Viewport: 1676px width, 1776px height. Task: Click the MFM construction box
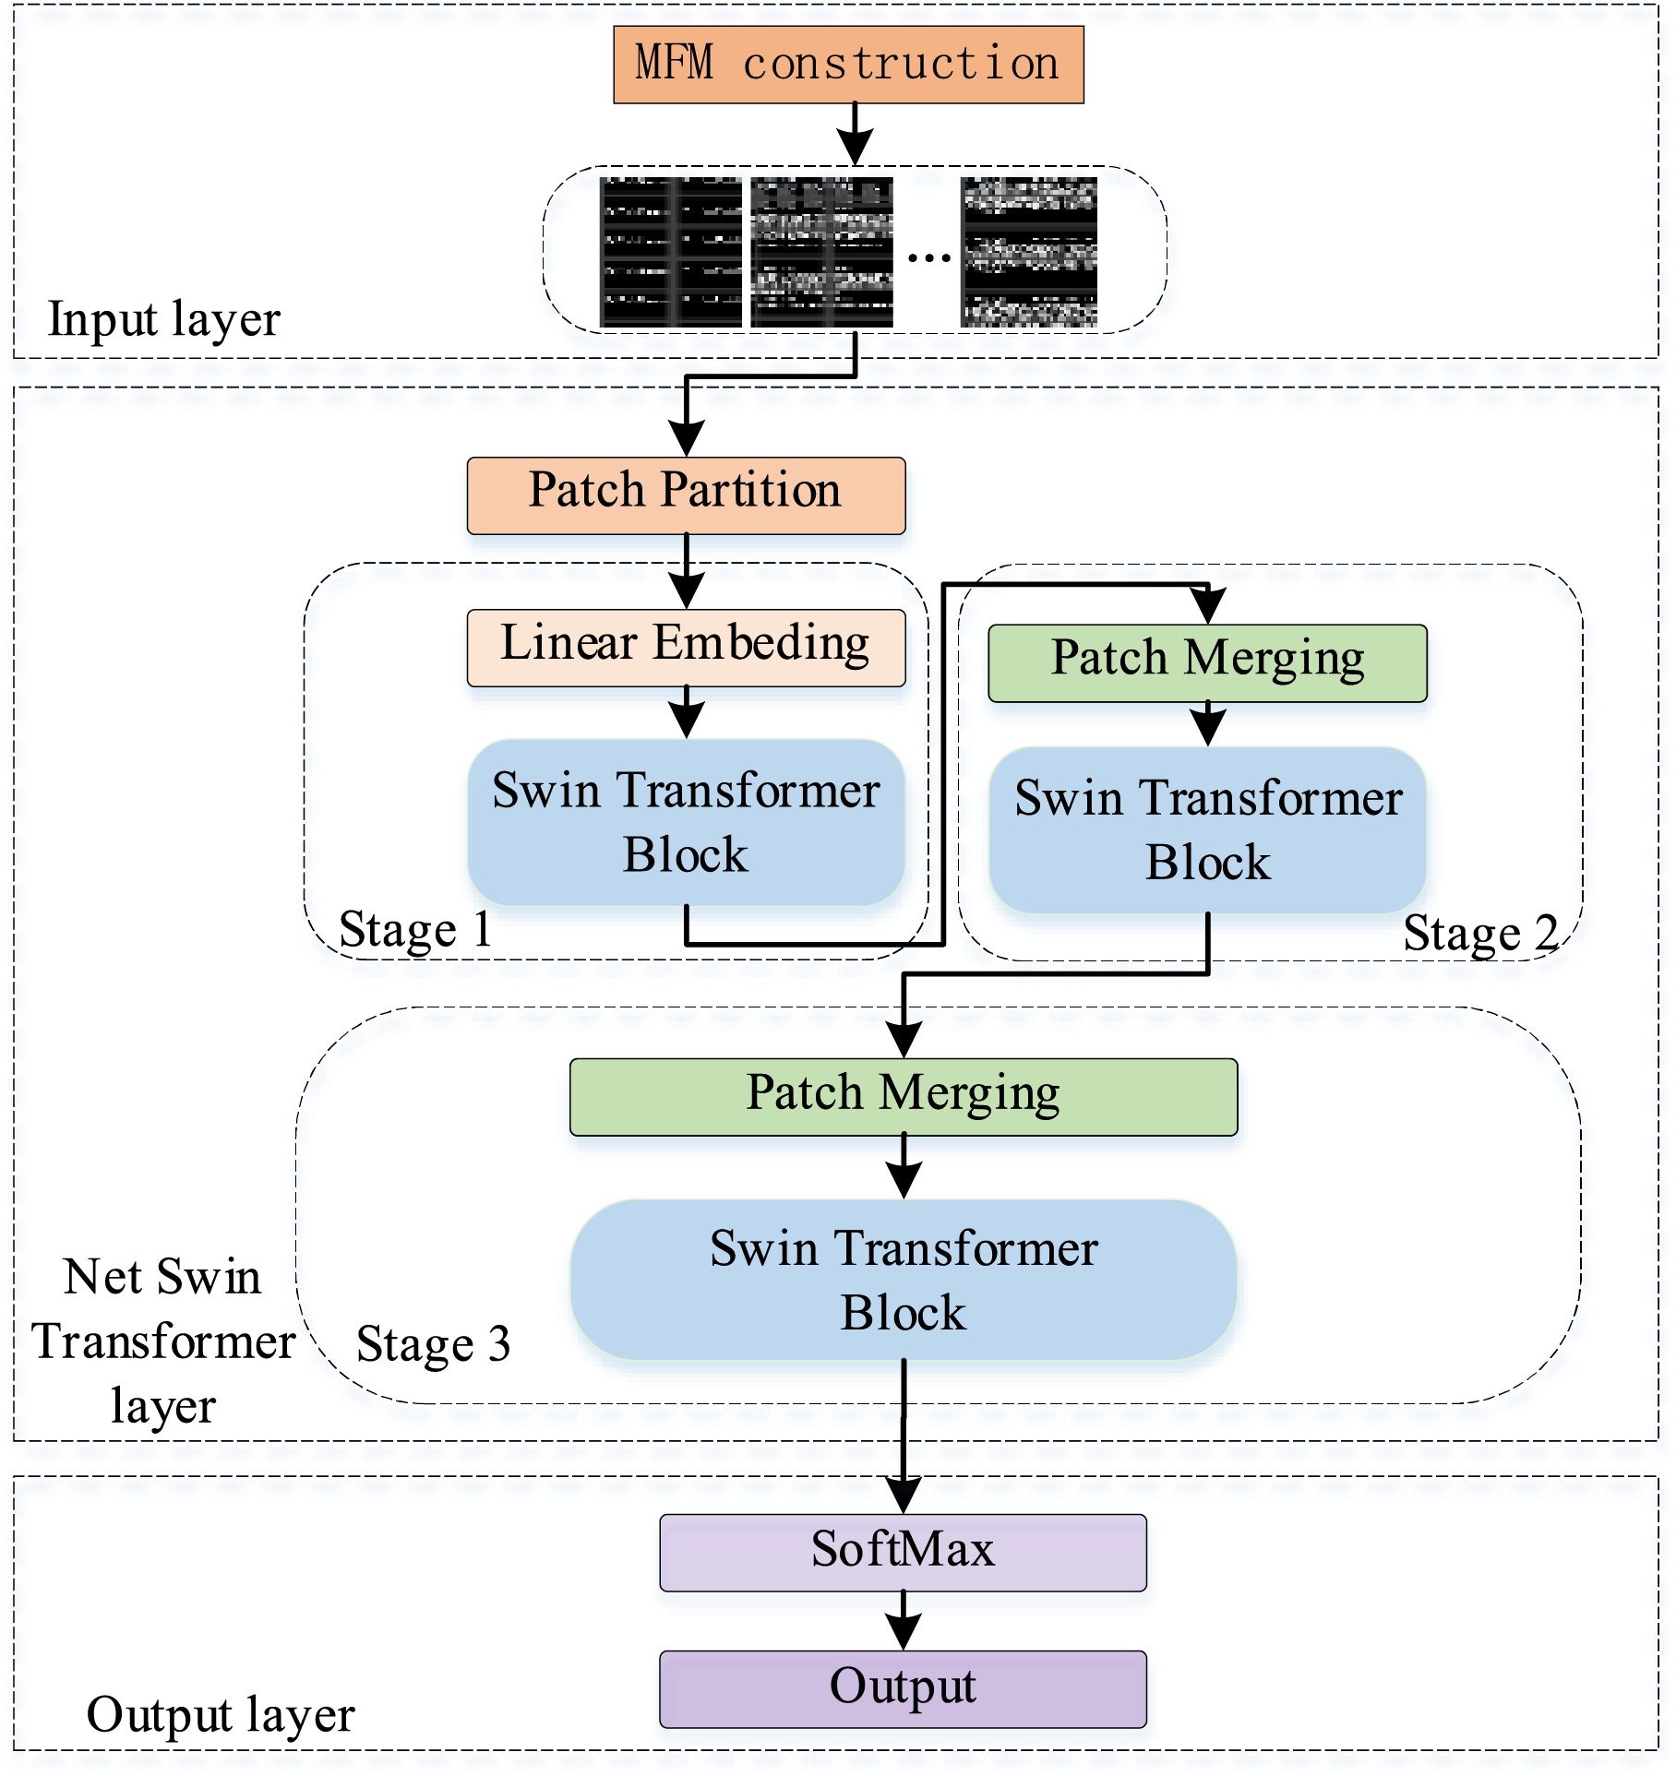point(848,65)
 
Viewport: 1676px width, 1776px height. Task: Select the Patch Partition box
point(686,495)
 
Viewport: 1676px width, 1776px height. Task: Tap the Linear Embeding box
point(686,648)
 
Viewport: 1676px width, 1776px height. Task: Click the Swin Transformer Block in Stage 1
point(686,822)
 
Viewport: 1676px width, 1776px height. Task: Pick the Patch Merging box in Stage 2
point(1207,663)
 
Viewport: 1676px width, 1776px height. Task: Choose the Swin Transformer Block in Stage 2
point(1207,829)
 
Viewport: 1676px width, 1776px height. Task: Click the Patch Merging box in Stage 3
point(904,1097)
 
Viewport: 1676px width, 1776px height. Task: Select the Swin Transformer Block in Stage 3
point(904,1280)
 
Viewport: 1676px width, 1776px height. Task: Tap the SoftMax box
point(903,1553)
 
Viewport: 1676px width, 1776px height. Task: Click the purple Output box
point(903,1689)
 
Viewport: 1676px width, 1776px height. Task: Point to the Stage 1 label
point(415,930)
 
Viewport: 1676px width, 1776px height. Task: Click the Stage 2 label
point(1480,934)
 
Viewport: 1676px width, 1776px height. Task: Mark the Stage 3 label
point(433,1344)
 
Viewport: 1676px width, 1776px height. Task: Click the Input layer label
point(163,320)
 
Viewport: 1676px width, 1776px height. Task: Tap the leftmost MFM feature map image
point(671,252)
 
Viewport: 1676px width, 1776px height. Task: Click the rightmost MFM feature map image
point(1029,252)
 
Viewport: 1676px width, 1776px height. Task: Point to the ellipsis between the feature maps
point(928,257)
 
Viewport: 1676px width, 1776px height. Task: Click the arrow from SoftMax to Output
point(904,1621)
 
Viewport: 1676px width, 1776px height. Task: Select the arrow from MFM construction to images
point(856,134)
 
